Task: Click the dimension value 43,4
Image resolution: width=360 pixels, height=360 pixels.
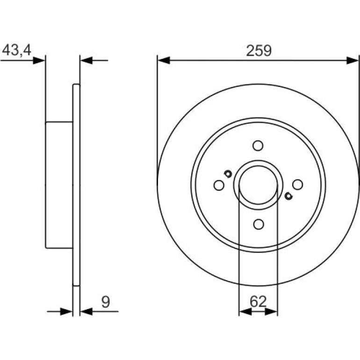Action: tap(16, 50)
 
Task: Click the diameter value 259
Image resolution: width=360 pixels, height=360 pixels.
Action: tap(259, 50)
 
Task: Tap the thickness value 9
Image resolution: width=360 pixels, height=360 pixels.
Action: tap(106, 302)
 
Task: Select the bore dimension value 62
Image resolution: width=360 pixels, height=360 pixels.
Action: tap(258, 302)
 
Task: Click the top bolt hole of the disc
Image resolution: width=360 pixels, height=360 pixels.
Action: tap(258, 145)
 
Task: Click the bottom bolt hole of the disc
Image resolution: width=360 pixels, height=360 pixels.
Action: tap(259, 224)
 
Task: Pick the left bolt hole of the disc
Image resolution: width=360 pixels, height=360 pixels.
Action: tap(219, 185)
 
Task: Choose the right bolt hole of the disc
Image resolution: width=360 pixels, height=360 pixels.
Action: tap(297, 185)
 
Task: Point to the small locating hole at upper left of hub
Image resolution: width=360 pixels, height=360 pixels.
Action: tap(228, 174)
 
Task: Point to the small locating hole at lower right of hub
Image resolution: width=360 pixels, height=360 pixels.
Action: tap(288, 196)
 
